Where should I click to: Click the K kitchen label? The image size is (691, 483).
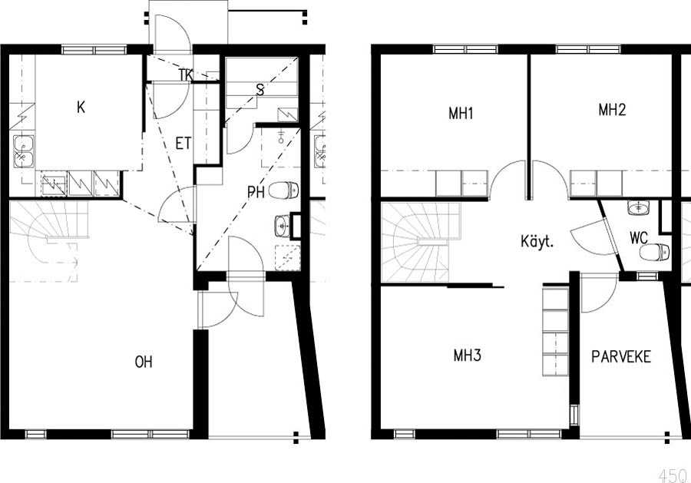click(x=81, y=107)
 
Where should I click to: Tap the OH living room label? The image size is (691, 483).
click(x=144, y=362)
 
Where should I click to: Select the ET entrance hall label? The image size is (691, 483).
click(x=183, y=144)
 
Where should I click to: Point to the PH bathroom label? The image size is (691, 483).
click(x=256, y=192)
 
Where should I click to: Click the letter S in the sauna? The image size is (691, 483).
click(x=260, y=91)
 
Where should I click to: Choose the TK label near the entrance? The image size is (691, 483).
click(x=186, y=75)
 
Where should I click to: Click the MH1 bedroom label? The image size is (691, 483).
click(x=461, y=113)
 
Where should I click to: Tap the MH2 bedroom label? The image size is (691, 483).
click(x=612, y=109)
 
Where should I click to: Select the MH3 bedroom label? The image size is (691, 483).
click(x=467, y=356)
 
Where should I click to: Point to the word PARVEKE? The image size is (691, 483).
click(x=621, y=356)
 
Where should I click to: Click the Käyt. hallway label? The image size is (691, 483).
click(x=537, y=241)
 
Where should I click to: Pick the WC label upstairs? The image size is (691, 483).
click(x=639, y=238)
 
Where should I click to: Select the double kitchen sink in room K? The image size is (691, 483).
click(x=23, y=151)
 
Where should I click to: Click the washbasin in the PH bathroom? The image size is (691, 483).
click(x=282, y=226)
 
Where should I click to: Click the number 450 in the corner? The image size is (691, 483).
click(x=673, y=475)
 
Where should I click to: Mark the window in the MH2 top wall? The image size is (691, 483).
click(x=589, y=49)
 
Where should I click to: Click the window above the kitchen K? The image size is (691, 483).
click(x=94, y=49)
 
